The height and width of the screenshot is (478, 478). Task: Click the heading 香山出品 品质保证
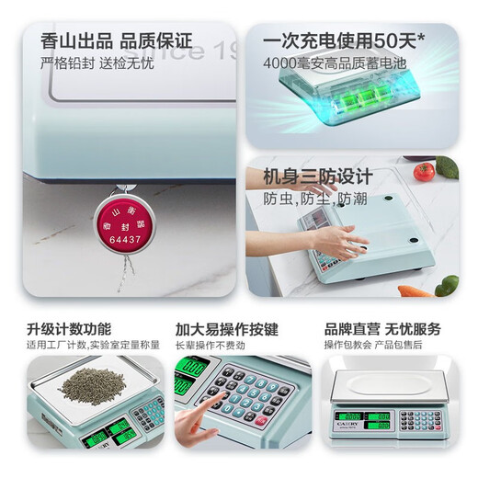click(x=117, y=42)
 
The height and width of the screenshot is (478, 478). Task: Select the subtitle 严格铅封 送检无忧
click(x=96, y=64)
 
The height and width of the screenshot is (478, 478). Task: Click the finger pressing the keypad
click(x=195, y=424)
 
